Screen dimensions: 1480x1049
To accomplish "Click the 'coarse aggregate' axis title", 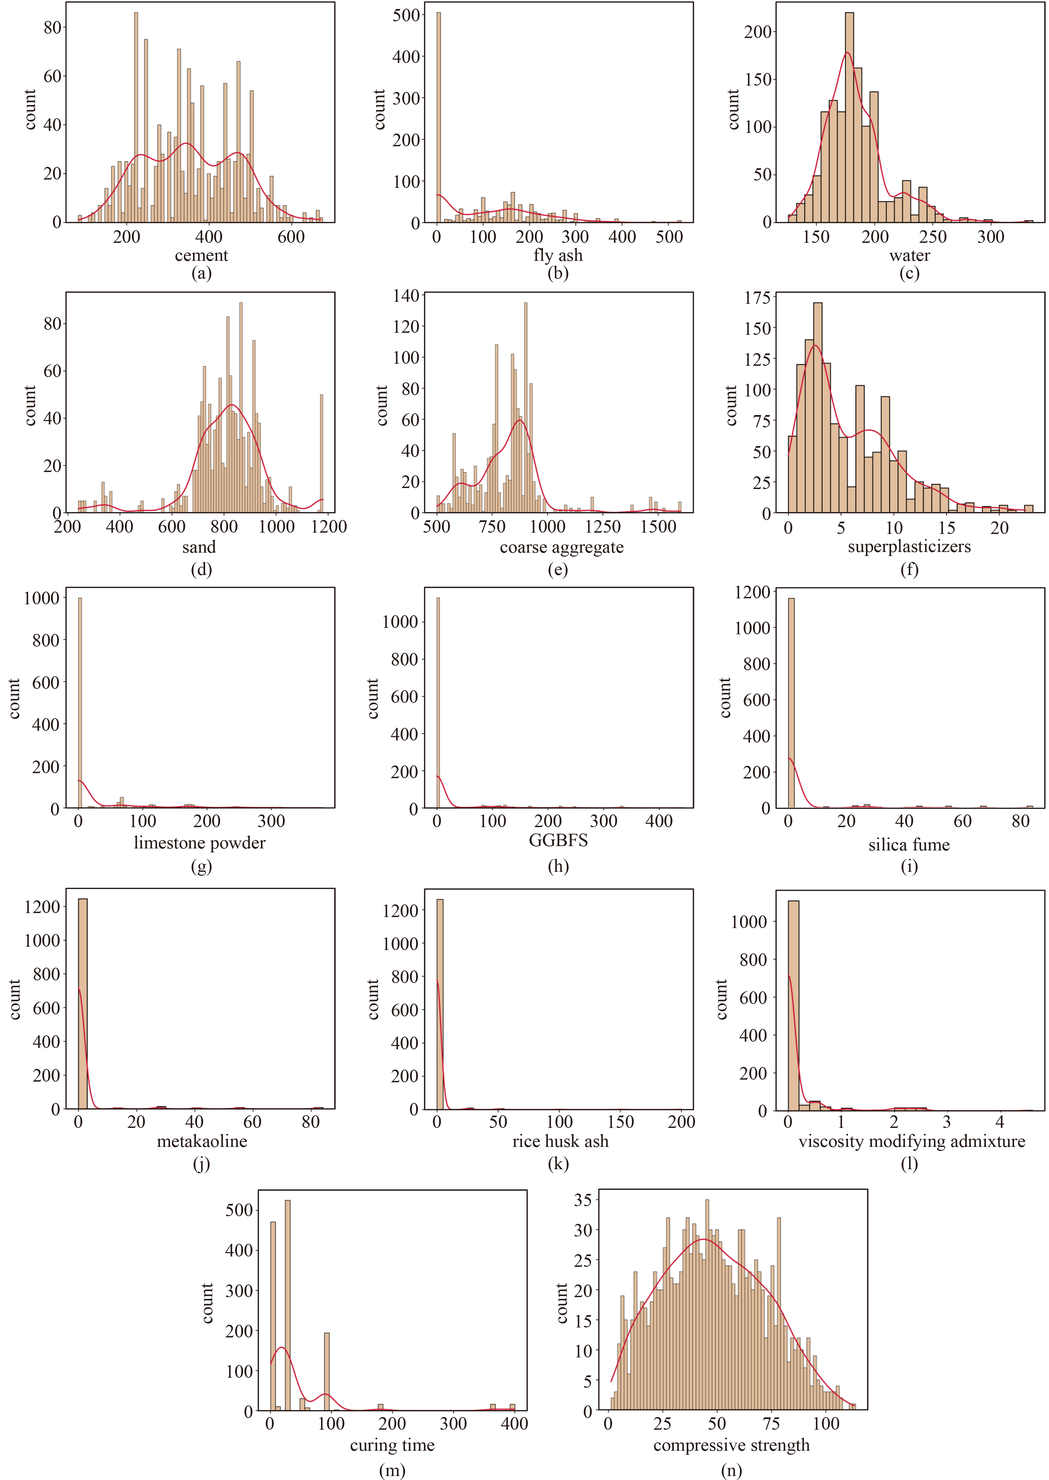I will pyautogui.click(x=561, y=547).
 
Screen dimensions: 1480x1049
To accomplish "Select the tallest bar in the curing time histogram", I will pyautogui.click(x=287, y=1305).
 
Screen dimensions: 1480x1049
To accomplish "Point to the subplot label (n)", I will pyautogui.click(x=731, y=1470).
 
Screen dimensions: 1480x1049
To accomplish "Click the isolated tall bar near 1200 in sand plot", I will pyautogui.click(x=322, y=453).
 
